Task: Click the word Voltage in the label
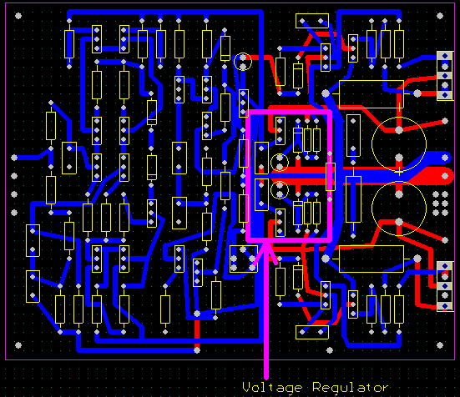pos(272,388)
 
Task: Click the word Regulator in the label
pos(351,387)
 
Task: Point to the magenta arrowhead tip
pos(266,244)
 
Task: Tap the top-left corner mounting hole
pos(18,16)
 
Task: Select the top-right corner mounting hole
pos(440,16)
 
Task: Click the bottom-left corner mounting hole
pos(18,345)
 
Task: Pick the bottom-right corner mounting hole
pos(440,345)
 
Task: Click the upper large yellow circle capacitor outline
pos(372,144)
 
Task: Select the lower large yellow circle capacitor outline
pos(372,209)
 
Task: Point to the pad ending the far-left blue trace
pos(14,158)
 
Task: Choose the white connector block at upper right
pos(445,76)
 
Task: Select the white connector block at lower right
pos(445,286)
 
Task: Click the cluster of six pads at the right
pos(440,203)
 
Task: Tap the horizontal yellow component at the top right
pos(312,21)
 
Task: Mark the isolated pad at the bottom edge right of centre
pos(330,350)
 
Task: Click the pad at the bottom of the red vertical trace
pos(197,350)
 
